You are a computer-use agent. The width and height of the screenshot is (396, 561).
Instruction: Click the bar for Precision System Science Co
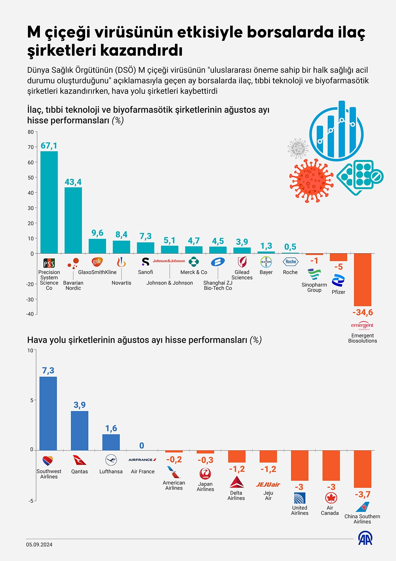click(x=49, y=202)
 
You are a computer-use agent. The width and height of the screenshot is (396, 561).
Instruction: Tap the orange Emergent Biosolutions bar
click(x=362, y=280)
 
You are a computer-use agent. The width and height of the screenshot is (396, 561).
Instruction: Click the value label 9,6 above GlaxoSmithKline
click(x=97, y=233)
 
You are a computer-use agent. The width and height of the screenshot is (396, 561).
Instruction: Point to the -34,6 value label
click(x=362, y=312)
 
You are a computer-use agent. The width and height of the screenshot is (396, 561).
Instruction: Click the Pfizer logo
click(x=338, y=281)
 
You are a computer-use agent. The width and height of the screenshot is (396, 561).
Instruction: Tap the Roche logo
click(x=291, y=262)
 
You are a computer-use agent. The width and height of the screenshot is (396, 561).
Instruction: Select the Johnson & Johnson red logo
click(x=169, y=261)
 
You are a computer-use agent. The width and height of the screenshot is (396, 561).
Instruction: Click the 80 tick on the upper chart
click(x=31, y=132)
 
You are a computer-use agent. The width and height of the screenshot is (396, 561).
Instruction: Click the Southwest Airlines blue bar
click(x=48, y=413)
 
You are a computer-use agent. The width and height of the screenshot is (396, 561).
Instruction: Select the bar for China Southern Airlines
click(x=362, y=469)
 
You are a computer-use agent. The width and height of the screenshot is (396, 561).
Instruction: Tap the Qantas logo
click(x=80, y=460)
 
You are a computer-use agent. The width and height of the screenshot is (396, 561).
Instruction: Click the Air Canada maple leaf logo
click(x=331, y=498)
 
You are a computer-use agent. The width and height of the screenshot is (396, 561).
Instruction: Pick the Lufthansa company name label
click(x=111, y=472)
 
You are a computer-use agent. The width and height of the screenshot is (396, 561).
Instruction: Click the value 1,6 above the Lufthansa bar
click(x=111, y=429)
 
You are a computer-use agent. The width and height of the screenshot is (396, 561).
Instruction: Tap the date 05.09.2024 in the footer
click(x=39, y=545)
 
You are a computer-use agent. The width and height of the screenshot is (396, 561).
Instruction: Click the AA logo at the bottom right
click(x=365, y=538)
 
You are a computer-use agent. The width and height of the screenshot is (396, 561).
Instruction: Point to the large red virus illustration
click(x=311, y=180)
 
